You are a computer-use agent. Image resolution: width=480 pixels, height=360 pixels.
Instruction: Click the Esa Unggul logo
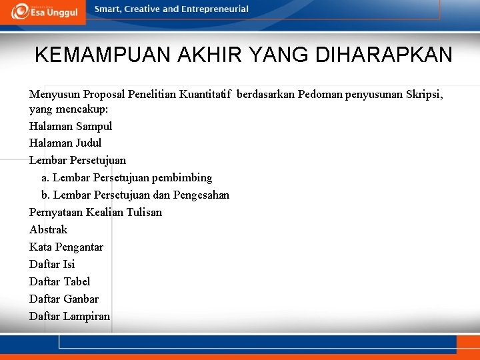coord(44,11)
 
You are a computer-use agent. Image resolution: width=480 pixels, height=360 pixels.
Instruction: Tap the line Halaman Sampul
coord(71,126)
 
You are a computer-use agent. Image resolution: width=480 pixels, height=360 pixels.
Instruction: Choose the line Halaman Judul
coord(65,143)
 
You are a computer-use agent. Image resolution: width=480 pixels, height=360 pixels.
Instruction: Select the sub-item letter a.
coord(44,178)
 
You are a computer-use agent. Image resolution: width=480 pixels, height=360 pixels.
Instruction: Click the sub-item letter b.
coord(45,195)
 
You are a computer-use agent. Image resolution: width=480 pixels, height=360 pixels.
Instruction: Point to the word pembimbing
coord(182,178)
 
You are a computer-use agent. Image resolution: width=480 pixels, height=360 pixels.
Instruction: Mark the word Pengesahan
coord(201,195)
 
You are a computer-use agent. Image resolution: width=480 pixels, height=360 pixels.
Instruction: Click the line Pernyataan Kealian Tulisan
coord(95,213)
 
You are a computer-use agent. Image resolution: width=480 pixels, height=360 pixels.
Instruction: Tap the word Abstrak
coord(48,229)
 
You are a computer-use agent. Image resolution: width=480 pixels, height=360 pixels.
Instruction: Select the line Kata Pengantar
coord(66,247)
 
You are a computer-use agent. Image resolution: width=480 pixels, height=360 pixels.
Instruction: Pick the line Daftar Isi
coord(52,265)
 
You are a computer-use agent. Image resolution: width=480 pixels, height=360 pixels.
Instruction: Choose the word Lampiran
coord(87,317)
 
